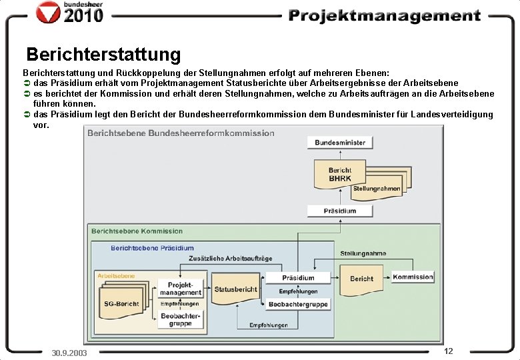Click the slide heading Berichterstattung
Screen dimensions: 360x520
pyautogui.click(x=103, y=53)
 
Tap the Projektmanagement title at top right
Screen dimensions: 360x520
pyautogui.click(x=385, y=16)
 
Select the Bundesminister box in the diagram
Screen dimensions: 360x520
pyautogui.click(x=340, y=143)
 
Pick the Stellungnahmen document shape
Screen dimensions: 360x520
pyautogui.click(x=377, y=189)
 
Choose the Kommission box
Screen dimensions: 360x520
pyautogui.click(x=413, y=277)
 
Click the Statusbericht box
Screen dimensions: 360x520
pyautogui.click(x=235, y=289)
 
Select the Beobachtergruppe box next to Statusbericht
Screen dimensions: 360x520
pyautogui.click(x=298, y=304)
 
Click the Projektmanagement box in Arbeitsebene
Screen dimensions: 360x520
pyautogui.click(x=180, y=288)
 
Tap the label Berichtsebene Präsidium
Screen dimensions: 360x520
pyautogui.click(x=152, y=248)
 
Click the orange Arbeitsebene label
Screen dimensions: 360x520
pyautogui.click(x=116, y=275)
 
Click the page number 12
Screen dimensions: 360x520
pyautogui.click(x=448, y=351)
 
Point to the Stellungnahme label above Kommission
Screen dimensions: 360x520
pyautogui.click(x=363, y=253)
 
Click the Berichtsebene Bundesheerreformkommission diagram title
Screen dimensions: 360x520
pyautogui.click(x=181, y=133)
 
